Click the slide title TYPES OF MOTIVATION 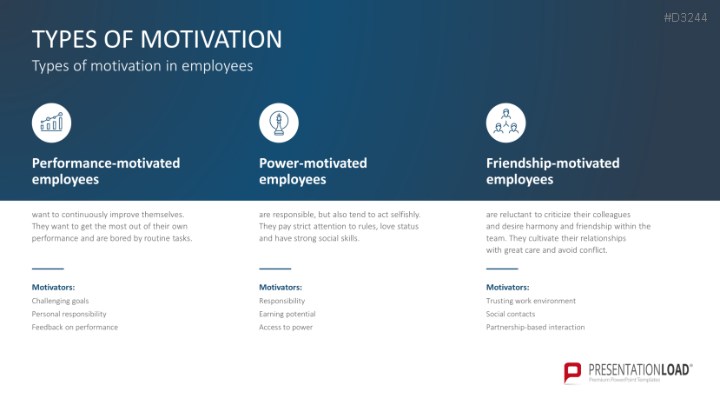[x=156, y=39]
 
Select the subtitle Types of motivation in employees [x=142, y=66]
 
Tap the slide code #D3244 [x=685, y=18]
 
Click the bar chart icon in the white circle [x=51, y=123]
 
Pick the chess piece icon [x=279, y=123]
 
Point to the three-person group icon [x=505, y=123]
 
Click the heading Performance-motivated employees [x=106, y=171]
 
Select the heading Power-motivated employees [x=313, y=171]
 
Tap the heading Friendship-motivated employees [x=553, y=171]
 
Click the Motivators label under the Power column [x=281, y=288]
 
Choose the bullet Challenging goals [x=60, y=301]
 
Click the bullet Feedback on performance [x=75, y=328]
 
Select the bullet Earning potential [x=287, y=315]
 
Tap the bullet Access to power [x=286, y=328]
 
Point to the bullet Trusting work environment [x=531, y=301]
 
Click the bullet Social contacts [x=511, y=314]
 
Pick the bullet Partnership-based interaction [x=535, y=328]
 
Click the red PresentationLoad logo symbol [x=572, y=373]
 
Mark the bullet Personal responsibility [x=69, y=315]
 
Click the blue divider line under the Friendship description [x=502, y=269]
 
